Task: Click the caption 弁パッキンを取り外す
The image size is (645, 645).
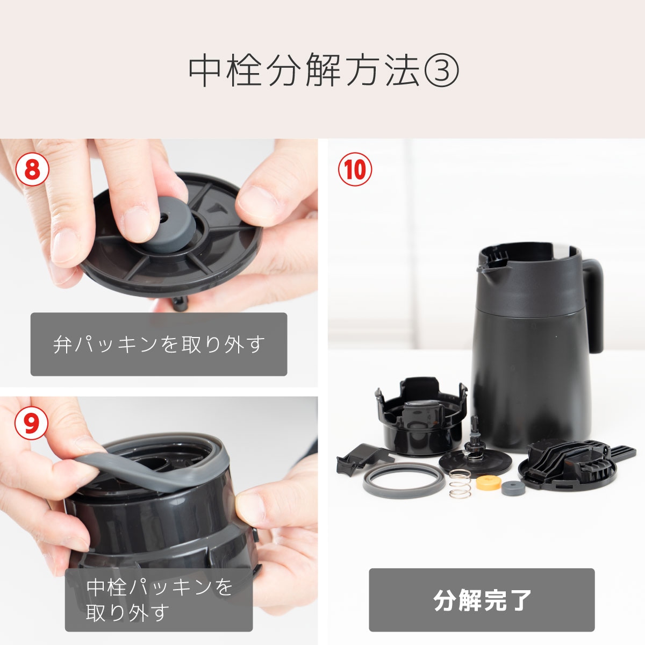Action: coord(159,344)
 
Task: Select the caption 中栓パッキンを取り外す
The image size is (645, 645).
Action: coord(159,599)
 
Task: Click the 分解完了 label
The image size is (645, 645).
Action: coord(482,600)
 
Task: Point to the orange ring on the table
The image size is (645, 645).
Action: coord(488,482)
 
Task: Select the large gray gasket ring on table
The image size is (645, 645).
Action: coord(403,482)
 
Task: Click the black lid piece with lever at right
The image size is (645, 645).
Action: coord(570,462)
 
